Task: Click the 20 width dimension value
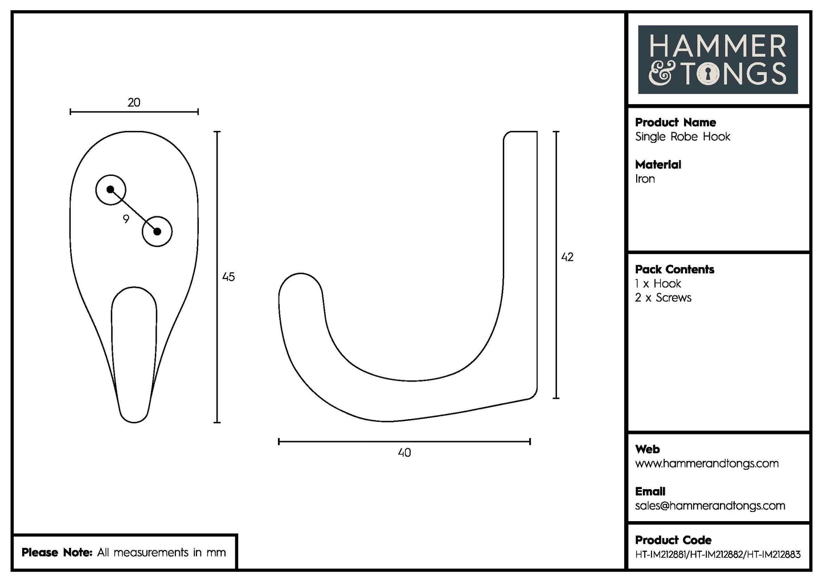point(134,103)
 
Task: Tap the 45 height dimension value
point(228,277)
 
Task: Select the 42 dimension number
point(567,257)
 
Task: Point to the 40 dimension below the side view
point(404,453)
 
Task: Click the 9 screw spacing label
point(126,219)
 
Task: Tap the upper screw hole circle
point(110,190)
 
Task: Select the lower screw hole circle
point(157,231)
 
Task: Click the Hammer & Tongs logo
point(718,59)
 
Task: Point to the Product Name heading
point(675,122)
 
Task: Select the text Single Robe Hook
point(682,137)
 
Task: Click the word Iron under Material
point(645,179)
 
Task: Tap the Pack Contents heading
point(674,269)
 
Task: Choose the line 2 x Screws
point(663,298)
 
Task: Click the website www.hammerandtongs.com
point(706,464)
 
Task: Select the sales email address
point(710,506)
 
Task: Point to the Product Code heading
point(673,540)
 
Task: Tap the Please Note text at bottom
point(124,552)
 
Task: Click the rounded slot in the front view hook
point(134,342)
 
